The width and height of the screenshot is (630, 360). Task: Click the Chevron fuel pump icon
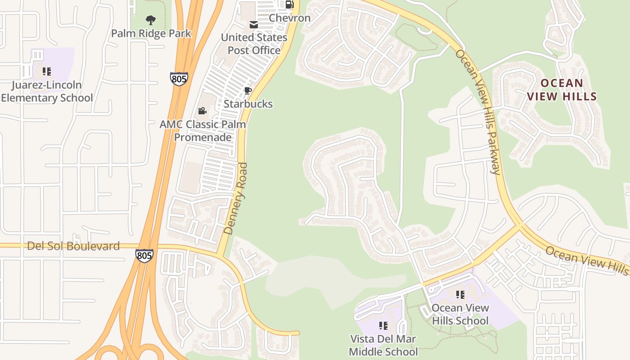click(289, 4)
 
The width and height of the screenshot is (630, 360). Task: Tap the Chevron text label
click(289, 18)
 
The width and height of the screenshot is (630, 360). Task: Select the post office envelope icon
click(254, 24)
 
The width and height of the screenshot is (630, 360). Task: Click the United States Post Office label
click(254, 44)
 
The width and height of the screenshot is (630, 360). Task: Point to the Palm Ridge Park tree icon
click(151, 20)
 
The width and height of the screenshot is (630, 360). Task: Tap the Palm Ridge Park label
click(151, 33)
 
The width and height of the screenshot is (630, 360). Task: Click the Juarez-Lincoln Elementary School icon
click(47, 72)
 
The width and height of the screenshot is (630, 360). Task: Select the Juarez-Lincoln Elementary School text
click(47, 91)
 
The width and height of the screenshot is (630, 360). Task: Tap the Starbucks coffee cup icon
click(247, 90)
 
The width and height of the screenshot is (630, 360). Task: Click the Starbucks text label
click(248, 104)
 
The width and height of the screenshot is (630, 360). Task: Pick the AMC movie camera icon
click(202, 111)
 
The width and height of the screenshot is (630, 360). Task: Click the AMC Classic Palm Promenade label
click(203, 130)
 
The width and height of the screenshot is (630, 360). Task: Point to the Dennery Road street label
click(236, 198)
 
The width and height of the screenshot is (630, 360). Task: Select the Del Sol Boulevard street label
click(73, 246)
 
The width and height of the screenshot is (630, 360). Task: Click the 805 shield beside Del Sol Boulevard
click(144, 256)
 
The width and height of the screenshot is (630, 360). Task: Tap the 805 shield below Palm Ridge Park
click(179, 78)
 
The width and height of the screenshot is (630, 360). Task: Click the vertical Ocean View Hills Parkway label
click(478, 112)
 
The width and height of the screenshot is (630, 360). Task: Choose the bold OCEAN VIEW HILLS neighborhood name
click(562, 90)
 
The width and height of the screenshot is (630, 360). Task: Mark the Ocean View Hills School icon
click(460, 295)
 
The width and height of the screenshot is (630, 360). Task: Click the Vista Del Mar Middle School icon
click(383, 326)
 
